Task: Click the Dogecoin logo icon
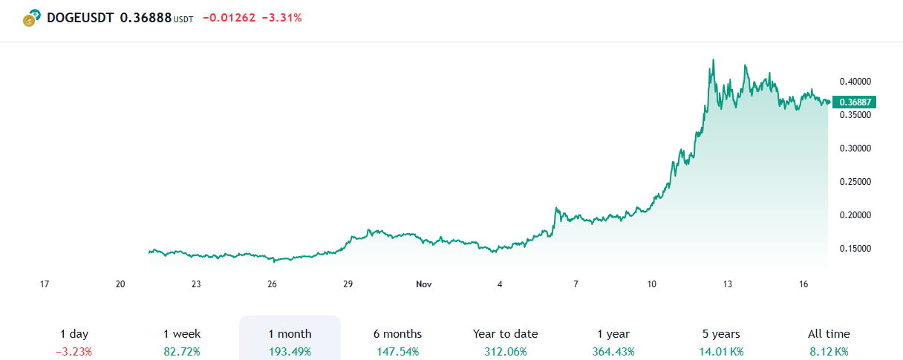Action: pyautogui.click(x=30, y=19)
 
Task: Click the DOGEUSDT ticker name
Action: pyautogui.click(x=80, y=18)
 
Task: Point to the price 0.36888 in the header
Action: pyautogui.click(x=146, y=18)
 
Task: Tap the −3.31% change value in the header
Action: pyautogui.click(x=282, y=18)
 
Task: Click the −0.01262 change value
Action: pyautogui.click(x=228, y=18)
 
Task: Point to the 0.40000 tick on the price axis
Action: pyautogui.click(x=855, y=82)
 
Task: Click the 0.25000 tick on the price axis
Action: pyautogui.click(x=855, y=182)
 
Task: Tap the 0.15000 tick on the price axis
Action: pyautogui.click(x=855, y=249)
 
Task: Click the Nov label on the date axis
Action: pyautogui.click(x=424, y=284)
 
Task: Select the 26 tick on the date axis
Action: pyautogui.click(x=273, y=284)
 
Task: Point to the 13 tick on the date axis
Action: pyautogui.click(x=728, y=284)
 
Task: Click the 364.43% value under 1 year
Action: pyautogui.click(x=613, y=352)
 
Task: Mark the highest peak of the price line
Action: pyautogui.click(x=714, y=60)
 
